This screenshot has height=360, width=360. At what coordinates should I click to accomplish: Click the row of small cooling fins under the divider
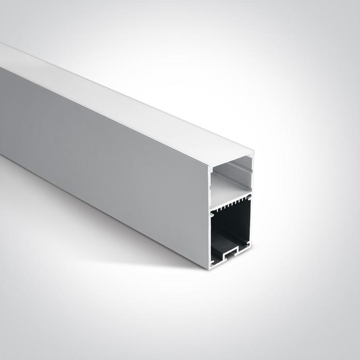(231, 205)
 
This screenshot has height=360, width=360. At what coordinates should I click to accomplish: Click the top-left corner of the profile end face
(209, 168)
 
